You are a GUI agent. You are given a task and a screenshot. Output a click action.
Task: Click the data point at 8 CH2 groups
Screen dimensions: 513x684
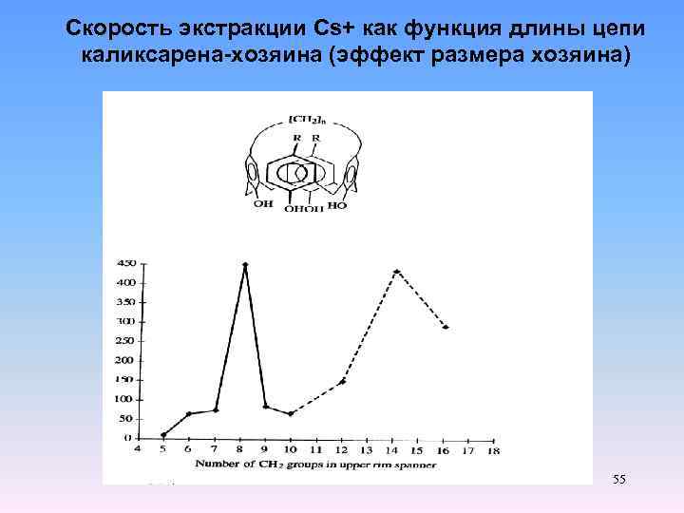[x=245, y=265]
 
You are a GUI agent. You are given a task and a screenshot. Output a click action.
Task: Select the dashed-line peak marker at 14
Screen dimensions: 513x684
[x=396, y=272]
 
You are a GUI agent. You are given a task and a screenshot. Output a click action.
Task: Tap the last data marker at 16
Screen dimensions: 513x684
[x=446, y=327]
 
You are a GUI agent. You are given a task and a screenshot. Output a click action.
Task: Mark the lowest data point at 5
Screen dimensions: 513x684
[x=163, y=435]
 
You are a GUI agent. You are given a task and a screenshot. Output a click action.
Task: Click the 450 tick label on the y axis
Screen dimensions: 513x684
[x=124, y=263]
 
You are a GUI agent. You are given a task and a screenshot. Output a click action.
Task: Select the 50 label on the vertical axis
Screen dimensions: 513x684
[x=126, y=419]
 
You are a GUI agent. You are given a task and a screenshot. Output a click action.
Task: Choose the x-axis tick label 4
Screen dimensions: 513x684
[x=138, y=449]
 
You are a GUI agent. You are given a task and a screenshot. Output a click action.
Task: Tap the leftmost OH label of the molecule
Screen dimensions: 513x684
[x=261, y=202]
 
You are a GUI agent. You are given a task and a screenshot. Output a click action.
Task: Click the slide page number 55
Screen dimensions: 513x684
[x=618, y=479]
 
